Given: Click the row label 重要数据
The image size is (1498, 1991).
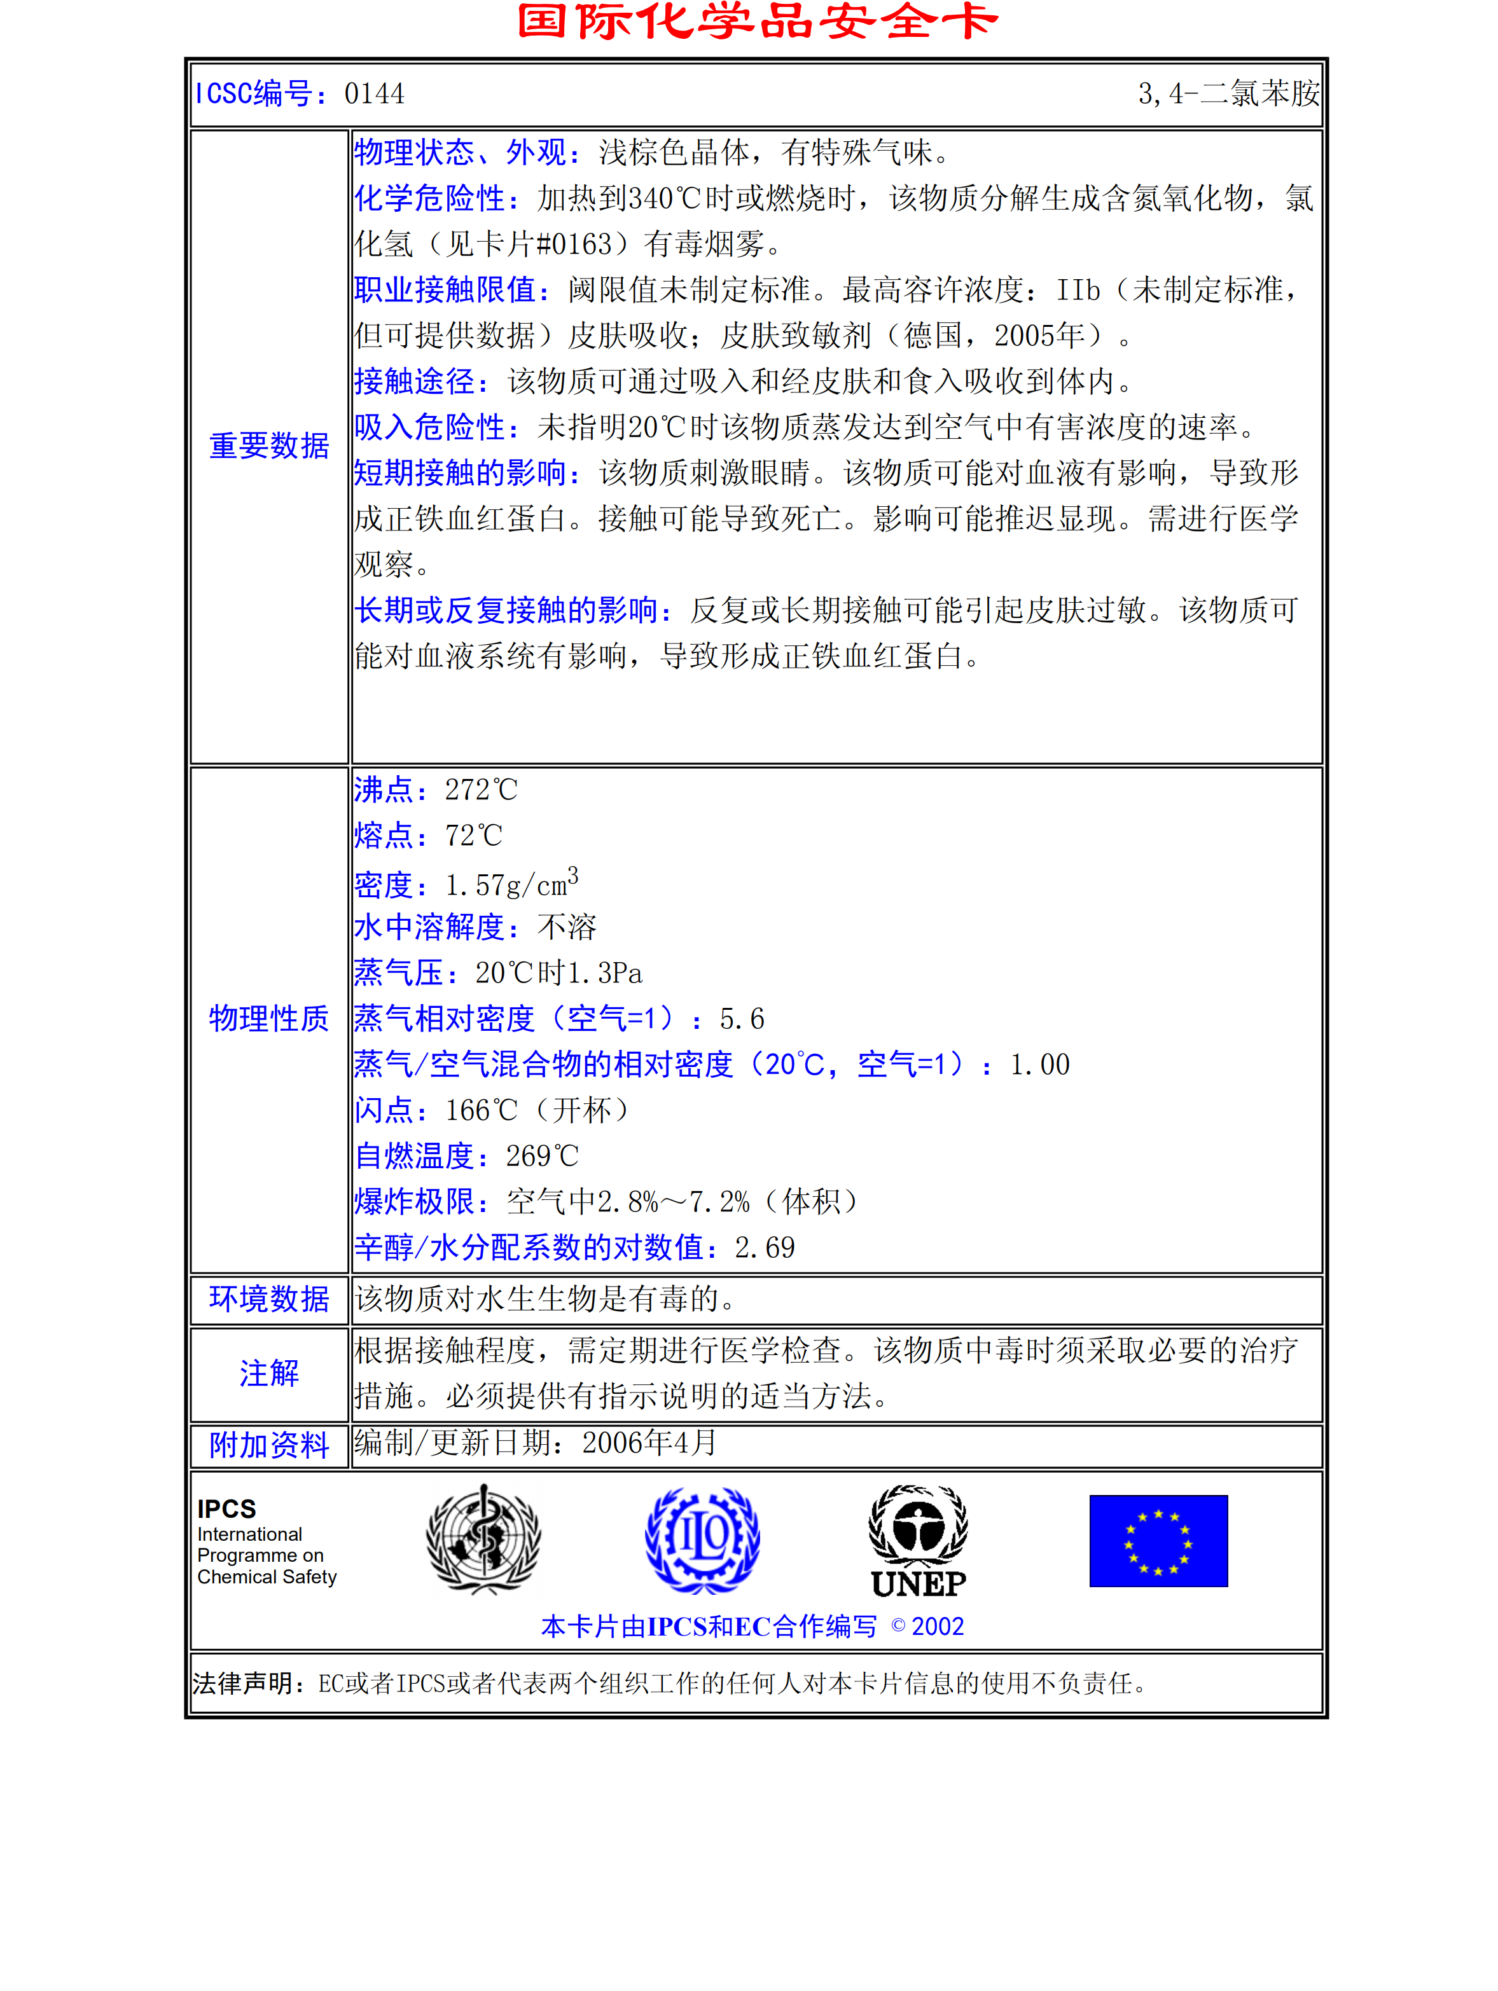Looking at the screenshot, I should pos(269,446).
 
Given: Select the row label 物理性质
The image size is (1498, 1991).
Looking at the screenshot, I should pos(269,1018).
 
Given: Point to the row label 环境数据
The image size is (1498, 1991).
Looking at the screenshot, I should pos(269,1299).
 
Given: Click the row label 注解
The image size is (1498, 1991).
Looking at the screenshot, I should pos(269,1374).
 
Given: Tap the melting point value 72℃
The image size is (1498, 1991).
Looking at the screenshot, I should pos(473,836).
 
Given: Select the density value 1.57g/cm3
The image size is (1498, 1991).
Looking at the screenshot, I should pos(510,884).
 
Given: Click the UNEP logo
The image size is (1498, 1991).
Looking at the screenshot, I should pos(919,1541).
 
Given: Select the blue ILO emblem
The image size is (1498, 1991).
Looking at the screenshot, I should pos(702,1539).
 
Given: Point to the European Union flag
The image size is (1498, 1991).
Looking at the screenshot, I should pos(1158,1541).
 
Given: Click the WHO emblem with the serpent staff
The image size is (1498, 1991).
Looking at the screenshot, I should pos(483,1539).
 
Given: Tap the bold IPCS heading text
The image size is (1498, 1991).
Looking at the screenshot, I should pos(227,1508).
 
